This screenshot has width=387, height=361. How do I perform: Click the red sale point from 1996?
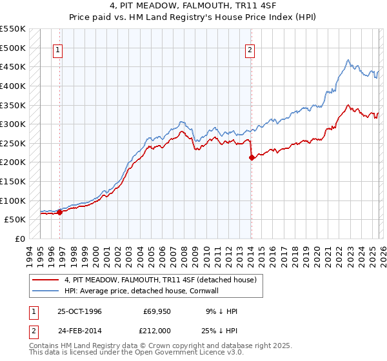tap(59, 211)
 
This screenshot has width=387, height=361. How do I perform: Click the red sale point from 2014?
tap(252, 157)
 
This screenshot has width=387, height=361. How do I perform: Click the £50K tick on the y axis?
tap(15, 219)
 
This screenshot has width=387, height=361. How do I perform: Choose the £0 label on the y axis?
tap(20, 239)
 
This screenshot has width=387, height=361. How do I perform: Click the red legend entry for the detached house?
tap(161, 279)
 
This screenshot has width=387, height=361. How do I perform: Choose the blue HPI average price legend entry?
tap(141, 291)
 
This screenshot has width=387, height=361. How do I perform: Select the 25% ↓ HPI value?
tap(223, 330)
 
